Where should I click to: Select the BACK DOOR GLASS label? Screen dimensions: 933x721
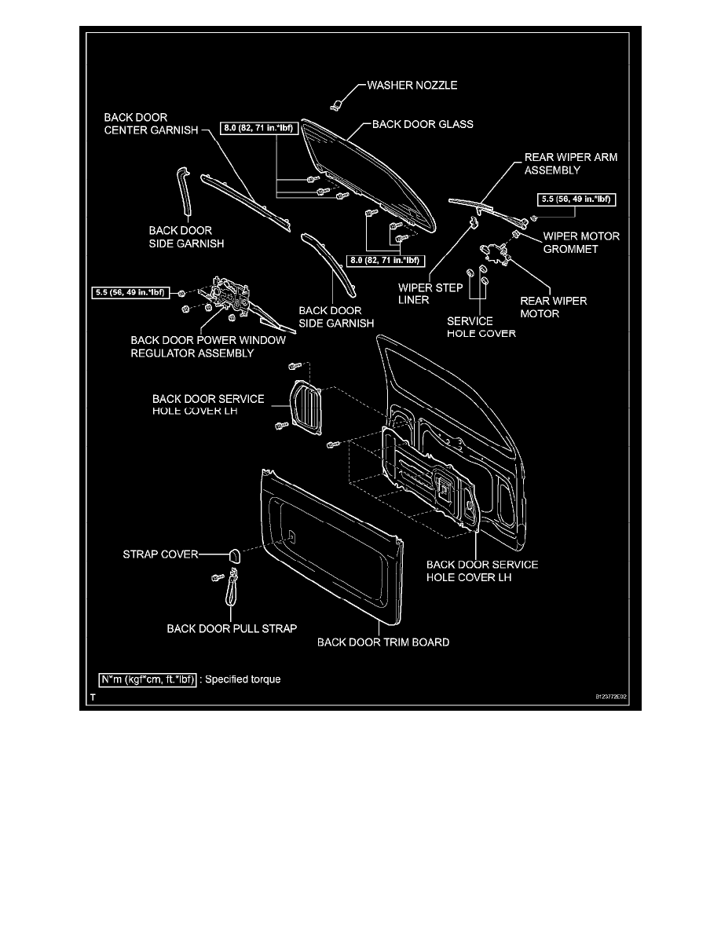click(x=422, y=124)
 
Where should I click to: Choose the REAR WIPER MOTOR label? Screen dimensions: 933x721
click(x=554, y=307)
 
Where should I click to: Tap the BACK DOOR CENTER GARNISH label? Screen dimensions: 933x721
click(x=151, y=123)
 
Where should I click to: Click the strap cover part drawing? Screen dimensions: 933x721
click(x=233, y=555)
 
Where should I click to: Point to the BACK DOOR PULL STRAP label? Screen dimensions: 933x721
click(x=232, y=628)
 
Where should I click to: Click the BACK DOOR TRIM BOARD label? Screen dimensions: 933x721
click(x=383, y=642)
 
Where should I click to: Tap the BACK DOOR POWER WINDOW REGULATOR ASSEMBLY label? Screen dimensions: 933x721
click(x=207, y=346)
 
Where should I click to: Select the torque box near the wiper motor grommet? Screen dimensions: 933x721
click(x=577, y=199)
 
